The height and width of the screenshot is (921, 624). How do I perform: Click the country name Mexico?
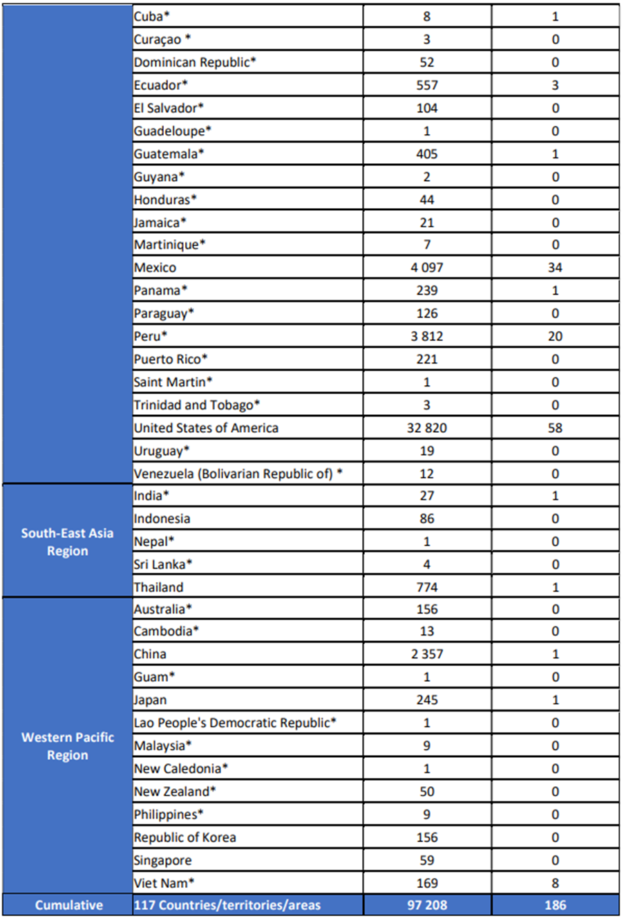click(x=155, y=268)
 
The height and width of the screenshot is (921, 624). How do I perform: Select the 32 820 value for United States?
click(x=427, y=428)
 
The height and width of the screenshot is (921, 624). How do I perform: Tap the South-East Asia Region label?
click(x=67, y=542)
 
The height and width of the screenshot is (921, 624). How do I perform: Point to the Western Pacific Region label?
click(x=67, y=746)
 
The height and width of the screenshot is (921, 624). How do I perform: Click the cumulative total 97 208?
click(x=427, y=905)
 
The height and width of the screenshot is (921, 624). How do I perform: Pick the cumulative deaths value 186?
click(x=555, y=905)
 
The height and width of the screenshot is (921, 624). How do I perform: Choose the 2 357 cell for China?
click(x=427, y=654)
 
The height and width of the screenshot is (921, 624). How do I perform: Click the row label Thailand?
click(x=159, y=587)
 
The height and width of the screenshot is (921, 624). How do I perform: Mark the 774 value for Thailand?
click(x=427, y=587)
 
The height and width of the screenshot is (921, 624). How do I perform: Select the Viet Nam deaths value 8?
click(x=555, y=883)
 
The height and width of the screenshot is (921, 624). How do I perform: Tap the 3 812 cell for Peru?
click(x=427, y=336)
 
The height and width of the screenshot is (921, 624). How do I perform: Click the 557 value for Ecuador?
click(x=427, y=85)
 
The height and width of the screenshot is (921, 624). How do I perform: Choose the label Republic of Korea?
click(x=185, y=837)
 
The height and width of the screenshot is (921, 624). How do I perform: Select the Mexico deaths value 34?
click(x=555, y=268)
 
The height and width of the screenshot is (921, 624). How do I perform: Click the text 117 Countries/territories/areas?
click(x=227, y=905)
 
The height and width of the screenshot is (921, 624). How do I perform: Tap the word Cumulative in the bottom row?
click(x=68, y=905)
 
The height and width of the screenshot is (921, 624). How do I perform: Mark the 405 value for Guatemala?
click(x=427, y=153)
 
